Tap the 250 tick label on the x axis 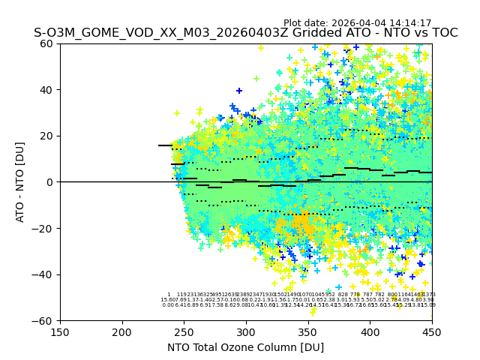coord(184,331)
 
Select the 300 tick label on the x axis coord(246,331)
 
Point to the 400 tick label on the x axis coord(370,331)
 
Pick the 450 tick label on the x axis coord(432,331)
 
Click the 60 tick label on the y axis coord(46,43)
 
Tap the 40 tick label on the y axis coord(46,90)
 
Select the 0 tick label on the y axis coord(49,182)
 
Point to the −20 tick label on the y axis coord(43,228)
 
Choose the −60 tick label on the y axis coord(43,320)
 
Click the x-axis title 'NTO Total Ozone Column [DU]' coord(246,347)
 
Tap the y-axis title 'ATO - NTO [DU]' coord(20,182)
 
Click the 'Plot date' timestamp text coord(357,23)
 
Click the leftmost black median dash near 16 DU coord(165,145)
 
